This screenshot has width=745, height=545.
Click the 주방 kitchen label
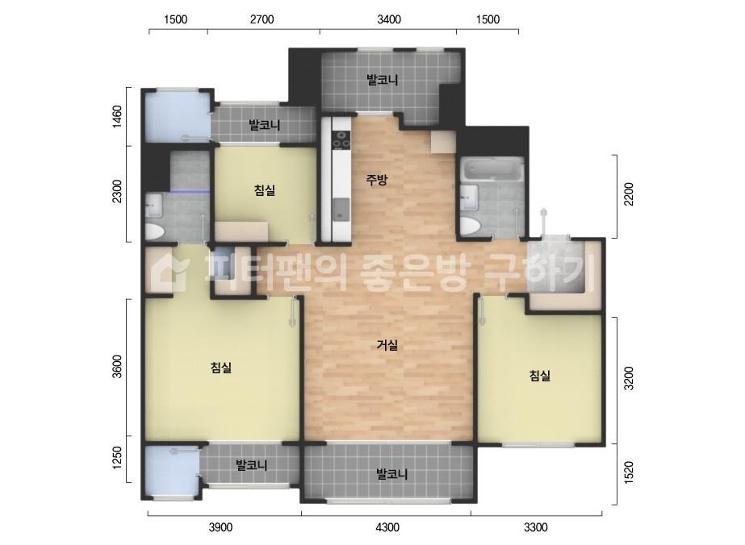pyautogui.click(x=377, y=180)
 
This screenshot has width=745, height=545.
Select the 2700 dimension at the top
pyautogui.click(x=262, y=19)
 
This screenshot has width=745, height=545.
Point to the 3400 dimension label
pyautogui.click(x=389, y=19)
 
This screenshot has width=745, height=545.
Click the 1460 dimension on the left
pyautogui.click(x=117, y=117)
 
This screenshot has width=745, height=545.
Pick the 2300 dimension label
pyautogui.click(x=117, y=193)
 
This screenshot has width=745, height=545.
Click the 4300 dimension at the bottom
pyautogui.click(x=387, y=528)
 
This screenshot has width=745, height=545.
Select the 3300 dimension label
pyautogui.click(x=535, y=528)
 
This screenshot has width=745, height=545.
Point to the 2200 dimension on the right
pyautogui.click(x=630, y=196)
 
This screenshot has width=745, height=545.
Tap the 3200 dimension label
pyautogui.click(x=630, y=378)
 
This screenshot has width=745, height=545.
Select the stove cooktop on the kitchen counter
pyautogui.click(x=341, y=139)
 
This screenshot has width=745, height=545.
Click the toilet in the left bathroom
pyautogui.click(x=153, y=232)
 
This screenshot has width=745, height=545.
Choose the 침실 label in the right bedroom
pyautogui.click(x=539, y=375)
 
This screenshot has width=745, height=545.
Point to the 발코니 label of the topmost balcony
pyautogui.click(x=383, y=80)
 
